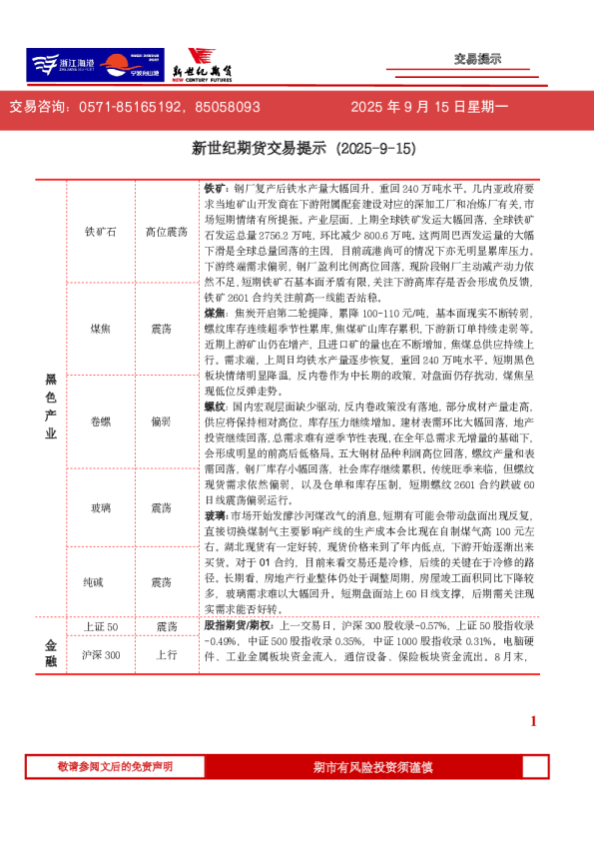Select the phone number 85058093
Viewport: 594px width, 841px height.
point(228,107)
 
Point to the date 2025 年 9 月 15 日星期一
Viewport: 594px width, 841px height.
point(429,107)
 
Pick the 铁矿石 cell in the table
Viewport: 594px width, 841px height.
point(100,232)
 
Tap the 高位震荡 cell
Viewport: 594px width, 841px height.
point(166,232)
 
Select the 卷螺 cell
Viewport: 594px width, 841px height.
point(100,420)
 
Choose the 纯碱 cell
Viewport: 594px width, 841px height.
point(100,581)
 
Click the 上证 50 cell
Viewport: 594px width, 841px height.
point(100,626)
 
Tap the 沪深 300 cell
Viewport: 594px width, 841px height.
point(100,654)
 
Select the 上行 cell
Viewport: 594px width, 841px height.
point(166,654)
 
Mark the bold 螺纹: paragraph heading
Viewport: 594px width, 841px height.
point(216,408)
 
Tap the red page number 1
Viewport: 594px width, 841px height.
point(533,720)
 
